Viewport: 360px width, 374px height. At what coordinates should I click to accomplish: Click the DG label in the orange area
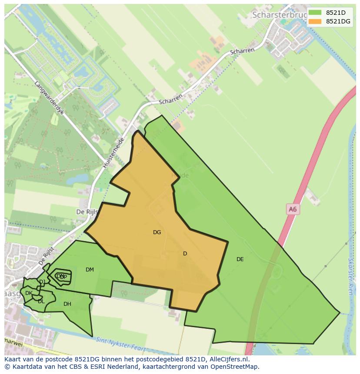pyautogui.click(x=157, y=232)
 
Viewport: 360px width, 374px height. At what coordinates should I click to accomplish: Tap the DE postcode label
pyautogui.click(x=240, y=259)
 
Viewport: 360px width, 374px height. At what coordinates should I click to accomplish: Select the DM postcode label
pyautogui.click(x=90, y=270)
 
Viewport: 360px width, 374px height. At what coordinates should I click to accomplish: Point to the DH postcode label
pyautogui.click(x=67, y=304)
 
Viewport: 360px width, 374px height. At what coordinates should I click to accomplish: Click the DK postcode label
pyautogui.click(x=29, y=293)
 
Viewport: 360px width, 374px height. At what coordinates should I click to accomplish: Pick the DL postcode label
pyautogui.click(x=41, y=301)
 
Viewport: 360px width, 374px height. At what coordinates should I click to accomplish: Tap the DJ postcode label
pyautogui.click(x=42, y=282)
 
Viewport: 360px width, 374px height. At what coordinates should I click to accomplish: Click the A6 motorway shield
pyautogui.click(x=293, y=209)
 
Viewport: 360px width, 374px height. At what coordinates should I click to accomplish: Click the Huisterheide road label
pyautogui.click(x=114, y=153)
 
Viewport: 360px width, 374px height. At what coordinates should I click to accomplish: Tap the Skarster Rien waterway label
pyautogui.click(x=350, y=276)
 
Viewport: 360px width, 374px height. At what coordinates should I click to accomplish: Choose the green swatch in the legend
pyautogui.click(x=315, y=12)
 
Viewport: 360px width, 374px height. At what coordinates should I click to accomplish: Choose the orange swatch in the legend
pyautogui.click(x=315, y=21)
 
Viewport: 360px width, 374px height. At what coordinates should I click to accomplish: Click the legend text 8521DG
pyautogui.click(x=338, y=21)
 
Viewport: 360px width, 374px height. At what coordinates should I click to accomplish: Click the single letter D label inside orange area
pyautogui.click(x=185, y=254)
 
